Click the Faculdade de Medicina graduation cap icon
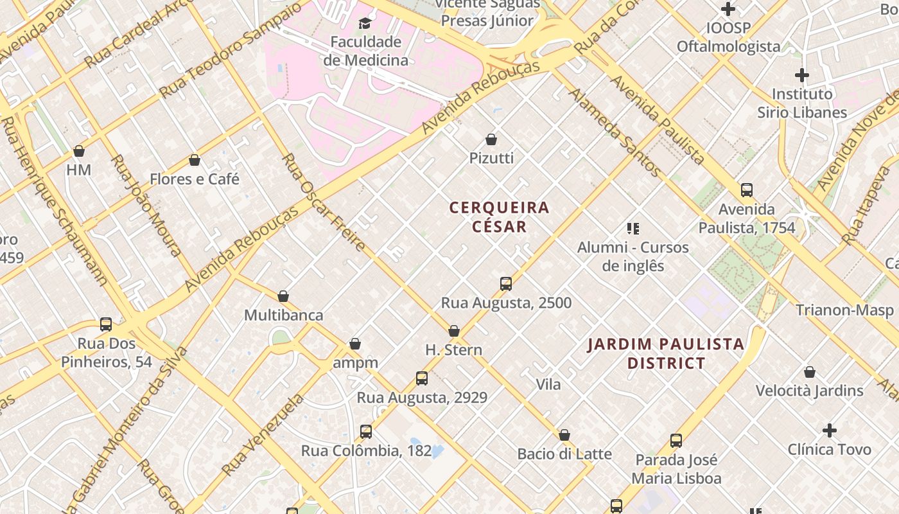pyautogui.click(x=365, y=24)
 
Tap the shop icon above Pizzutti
pyautogui.click(x=491, y=139)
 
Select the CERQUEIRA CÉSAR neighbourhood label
pyautogui.click(x=500, y=217)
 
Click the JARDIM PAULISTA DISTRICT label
pyautogui.click(x=666, y=354)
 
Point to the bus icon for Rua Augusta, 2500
pyautogui.click(x=506, y=284)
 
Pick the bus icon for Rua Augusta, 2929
pyautogui.click(x=422, y=378)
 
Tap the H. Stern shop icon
pyautogui.click(x=454, y=332)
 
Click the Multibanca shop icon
pyautogui.click(x=283, y=297)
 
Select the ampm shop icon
pyautogui.click(x=355, y=344)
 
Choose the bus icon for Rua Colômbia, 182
pyautogui.click(x=366, y=432)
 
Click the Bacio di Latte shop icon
pyautogui.click(x=564, y=436)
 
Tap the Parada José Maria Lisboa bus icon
pyautogui.click(x=676, y=441)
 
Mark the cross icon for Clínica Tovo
pyautogui.click(x=830, y=430)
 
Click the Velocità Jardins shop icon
pyautogui.click(x=810, y=372)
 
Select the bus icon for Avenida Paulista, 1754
pyautogui.click(x=747, y=190)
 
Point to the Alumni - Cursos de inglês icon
pyautogui.click(x=633, y=228)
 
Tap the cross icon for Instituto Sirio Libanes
pyautogui.click(x=802, y=75)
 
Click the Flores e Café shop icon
pyautogui.click(x=195, y=160)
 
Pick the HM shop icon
pyautogui.click(x=79, y=152)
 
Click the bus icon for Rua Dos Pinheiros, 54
pyautogui.click(x=106, y=324)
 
